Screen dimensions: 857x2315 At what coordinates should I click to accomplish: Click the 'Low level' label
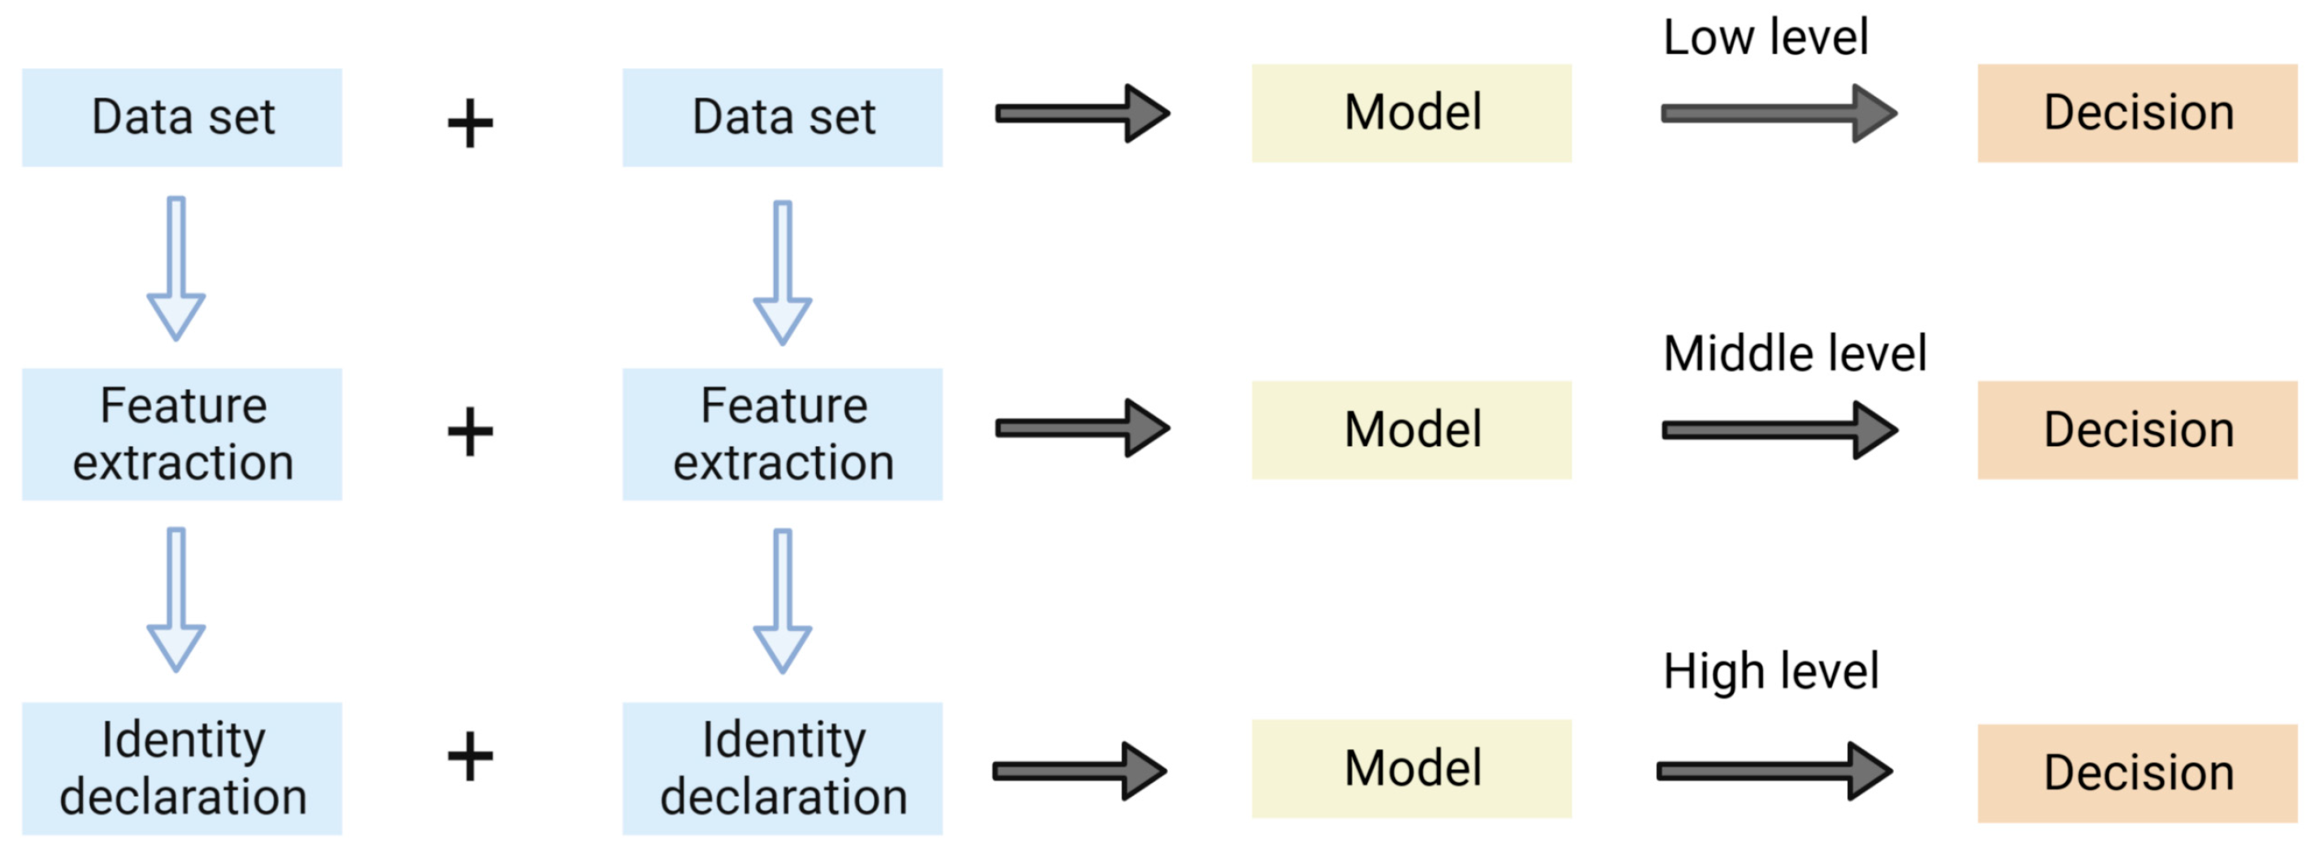(1765, 37)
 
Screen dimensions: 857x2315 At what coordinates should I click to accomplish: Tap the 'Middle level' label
(1794, 354)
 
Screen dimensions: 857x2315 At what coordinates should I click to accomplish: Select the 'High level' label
(1770, 671)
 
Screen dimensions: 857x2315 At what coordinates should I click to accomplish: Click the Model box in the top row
(1411, 113)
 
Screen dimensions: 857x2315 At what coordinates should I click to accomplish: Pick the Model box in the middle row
(1411, 430)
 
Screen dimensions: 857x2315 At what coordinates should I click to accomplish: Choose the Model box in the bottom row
(1411, 768)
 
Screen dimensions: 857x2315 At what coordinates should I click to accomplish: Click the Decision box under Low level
(2136, 113)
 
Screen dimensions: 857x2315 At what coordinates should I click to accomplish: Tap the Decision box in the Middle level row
(2136, 430)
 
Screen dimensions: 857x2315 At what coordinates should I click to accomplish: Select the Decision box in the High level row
(2136, 773)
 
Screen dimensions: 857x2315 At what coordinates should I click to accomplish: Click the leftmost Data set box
(181, 118)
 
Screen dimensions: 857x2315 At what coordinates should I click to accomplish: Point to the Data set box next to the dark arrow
(782, 118)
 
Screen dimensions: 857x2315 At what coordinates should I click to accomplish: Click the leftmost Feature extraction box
(181, 434)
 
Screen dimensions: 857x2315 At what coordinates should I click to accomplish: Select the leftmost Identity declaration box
(181, 768)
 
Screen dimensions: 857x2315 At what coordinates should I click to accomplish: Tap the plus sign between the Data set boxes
(470, 124)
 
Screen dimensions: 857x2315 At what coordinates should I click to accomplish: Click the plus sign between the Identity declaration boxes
(470, 756)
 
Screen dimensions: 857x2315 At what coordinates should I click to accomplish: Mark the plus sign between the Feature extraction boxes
(470, 432)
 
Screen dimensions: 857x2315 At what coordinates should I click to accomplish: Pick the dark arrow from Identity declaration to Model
(1079, 771)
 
